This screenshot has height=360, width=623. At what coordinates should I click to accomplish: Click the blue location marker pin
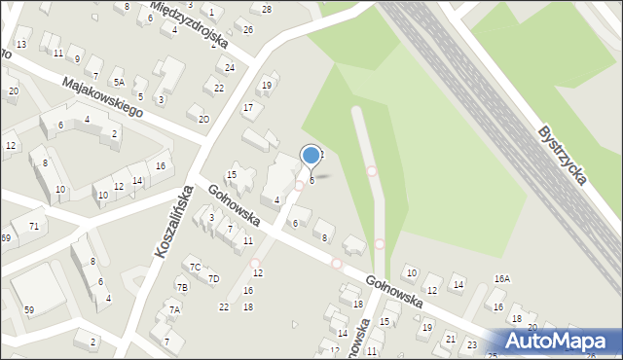[x=311, y=156]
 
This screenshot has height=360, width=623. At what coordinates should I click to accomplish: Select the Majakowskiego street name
[x=101, y=98]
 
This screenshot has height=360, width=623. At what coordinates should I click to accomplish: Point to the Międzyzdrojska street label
[x=202, y=24]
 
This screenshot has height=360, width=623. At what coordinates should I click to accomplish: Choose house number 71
[x=34, y=226]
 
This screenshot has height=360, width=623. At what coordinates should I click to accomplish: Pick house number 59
[x=29, y=310]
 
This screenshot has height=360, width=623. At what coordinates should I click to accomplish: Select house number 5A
[x=119, y=83]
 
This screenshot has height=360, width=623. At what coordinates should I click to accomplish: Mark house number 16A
[x=501, y=278]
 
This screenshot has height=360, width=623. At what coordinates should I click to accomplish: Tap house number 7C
[x=195, y=267]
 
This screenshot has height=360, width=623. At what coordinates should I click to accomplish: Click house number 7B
[x=182, y=287]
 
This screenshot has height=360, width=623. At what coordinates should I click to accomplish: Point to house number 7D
[x=214, y=279]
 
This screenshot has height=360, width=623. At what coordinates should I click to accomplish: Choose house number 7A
[x=174, y=309]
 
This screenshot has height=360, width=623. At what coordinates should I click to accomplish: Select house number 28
[x=267, y=9]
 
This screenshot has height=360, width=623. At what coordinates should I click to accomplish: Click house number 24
[x=230, y=67]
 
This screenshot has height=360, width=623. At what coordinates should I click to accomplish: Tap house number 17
[x=248, y=107]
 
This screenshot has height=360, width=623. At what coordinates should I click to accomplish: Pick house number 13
[x=21, y=45]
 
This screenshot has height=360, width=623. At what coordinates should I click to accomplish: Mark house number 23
[x=472, y=343]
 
